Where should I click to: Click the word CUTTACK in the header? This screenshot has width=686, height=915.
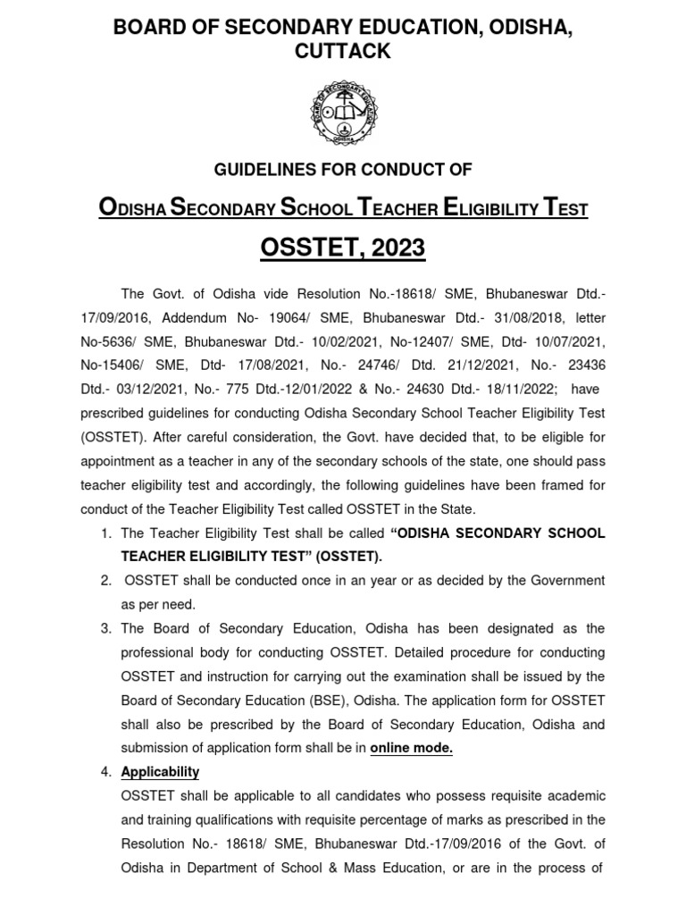pos(343,52)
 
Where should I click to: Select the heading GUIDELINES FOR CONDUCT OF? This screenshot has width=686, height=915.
pos(343,169)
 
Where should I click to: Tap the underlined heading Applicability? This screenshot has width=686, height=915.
pos(160,772)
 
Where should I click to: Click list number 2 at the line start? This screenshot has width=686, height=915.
pos(105,580)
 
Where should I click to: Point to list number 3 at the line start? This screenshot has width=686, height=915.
pos(105,629)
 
